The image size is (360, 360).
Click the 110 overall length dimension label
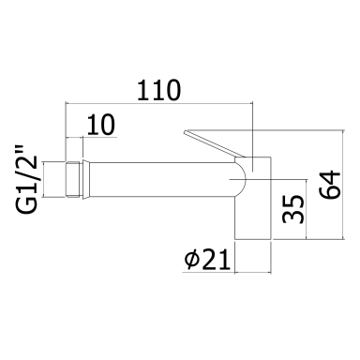(159, 90)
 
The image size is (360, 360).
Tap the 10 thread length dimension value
(101, 125)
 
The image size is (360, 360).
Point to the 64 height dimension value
(329, 185)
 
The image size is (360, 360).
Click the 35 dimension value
(293, 209)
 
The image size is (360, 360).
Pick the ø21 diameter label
(207, 260)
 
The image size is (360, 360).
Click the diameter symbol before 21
(191, 261)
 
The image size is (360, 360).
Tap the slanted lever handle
(214, 143)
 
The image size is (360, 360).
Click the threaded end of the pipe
(74, 179)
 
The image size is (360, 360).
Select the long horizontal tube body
(162, 179)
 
